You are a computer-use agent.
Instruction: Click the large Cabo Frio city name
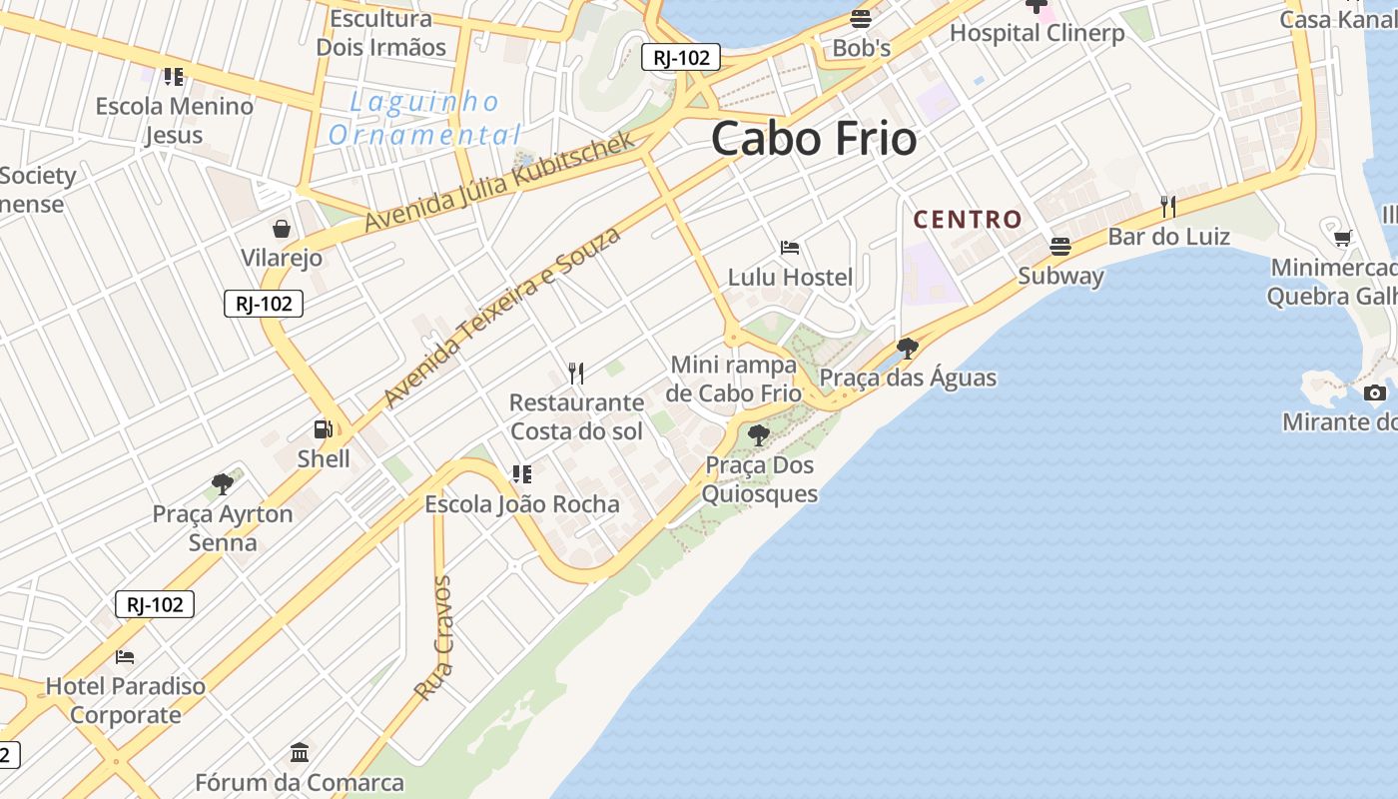point(814,139)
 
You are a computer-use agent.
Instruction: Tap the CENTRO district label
point(968,220)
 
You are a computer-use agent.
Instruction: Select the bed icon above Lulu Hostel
point(790,247)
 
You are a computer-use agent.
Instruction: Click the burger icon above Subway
point(1060,246)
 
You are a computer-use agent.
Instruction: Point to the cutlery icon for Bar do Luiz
point(1168,207)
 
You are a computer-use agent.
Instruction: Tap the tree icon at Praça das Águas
point(908,349)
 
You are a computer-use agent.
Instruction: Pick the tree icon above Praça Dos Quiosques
point(759,434)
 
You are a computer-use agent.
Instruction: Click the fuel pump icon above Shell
point(324,429)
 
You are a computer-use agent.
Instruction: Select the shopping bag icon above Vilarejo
point(283,229)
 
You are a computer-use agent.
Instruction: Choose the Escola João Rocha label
point(522,504)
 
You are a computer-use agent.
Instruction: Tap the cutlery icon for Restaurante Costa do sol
point(576,374)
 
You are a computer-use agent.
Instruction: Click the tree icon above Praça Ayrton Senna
point(223,484)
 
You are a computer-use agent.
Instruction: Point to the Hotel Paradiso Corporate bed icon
point(125,657)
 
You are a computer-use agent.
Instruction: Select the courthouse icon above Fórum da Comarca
point(300,752)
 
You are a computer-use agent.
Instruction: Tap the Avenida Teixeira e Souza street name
point(502,317)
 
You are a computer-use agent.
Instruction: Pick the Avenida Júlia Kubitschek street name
point(499,182)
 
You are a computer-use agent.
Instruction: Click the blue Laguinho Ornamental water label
point(424,118)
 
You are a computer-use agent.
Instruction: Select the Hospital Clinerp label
point(1037,33)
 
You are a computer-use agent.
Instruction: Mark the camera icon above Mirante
point(1375,393)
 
